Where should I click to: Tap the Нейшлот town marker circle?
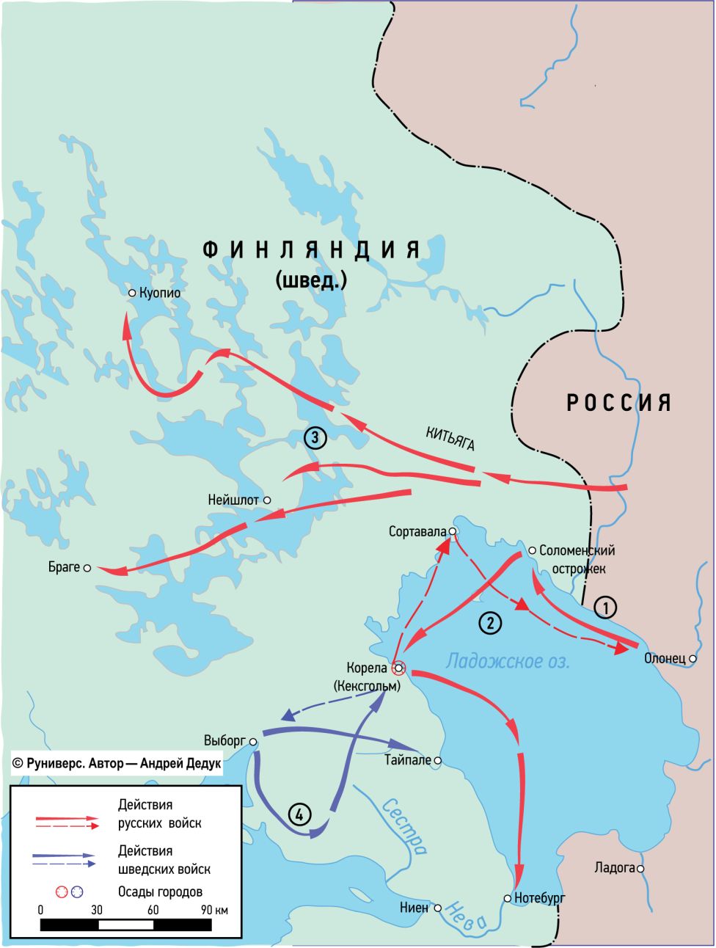(x=268, y=500)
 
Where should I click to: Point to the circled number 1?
(x=604, y=607)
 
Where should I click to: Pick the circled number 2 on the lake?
(x=490, y=623)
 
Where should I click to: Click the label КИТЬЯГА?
(x=450, y=438)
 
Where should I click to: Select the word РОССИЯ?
(x=618, y=403)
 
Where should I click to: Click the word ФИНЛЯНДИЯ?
(x=312, y=250)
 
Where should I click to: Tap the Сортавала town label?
(x=417, y=531)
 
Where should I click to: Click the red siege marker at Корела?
(x=398, y=668)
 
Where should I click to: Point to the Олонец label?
(x=664, y=659)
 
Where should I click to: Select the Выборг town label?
(x=224, y=741)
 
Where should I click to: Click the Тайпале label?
(x=407, y=761)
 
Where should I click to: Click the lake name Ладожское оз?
(x=507, y=660)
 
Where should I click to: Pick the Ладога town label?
(x=615, y=869)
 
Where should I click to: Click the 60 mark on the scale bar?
(x=153, y=910)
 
